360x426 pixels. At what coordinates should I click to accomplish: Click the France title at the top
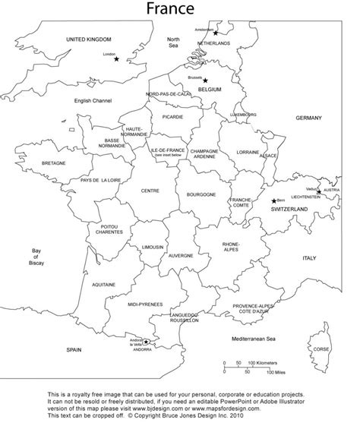(180, 9)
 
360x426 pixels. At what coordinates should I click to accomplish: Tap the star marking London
(116, 59)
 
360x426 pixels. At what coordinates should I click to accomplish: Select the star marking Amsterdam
(216, 33)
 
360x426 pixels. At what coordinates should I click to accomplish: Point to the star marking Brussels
(205, 80)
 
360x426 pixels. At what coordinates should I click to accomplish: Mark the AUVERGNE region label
(180, 256)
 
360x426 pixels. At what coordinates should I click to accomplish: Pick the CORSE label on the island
(321, 349)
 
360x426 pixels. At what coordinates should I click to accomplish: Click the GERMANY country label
(309, 118)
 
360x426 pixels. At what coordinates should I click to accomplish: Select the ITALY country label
(309, 258)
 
